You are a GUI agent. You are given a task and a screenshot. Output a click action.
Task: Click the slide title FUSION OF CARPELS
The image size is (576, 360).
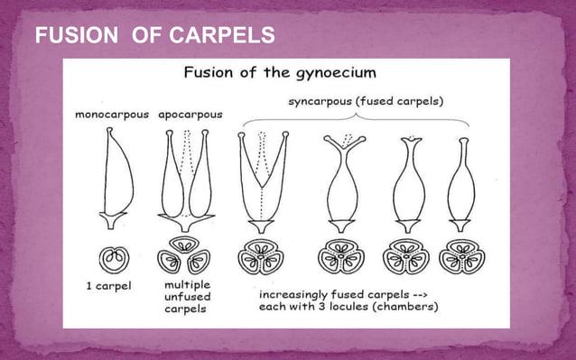point(154,37)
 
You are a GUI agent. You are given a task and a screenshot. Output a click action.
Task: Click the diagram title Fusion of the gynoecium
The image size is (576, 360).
point(282,72)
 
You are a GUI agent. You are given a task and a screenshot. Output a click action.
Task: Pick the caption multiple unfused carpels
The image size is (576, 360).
point(187,296)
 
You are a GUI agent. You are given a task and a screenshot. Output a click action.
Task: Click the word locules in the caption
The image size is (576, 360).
point(354,306)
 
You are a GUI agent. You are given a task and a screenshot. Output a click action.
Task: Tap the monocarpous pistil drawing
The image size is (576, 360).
point(115,180)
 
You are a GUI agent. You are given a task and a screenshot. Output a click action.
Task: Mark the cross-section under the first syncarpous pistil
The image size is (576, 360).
point(260,258)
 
